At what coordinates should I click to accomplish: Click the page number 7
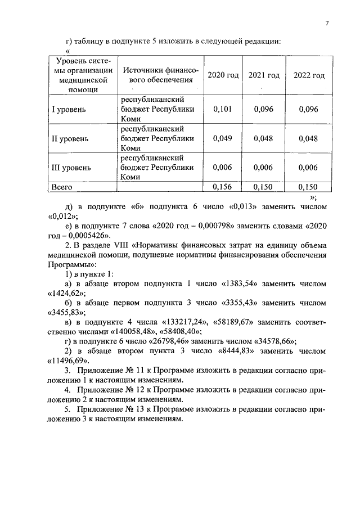click(326, 23)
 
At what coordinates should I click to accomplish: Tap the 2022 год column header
click(309, 76)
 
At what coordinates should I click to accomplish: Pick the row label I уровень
click(69, 109)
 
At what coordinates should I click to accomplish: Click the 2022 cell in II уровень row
click(309, 138)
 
